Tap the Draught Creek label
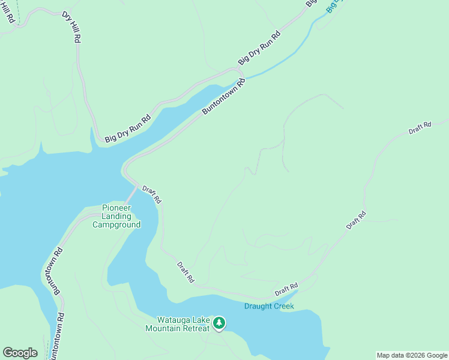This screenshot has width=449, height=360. (x=269, y=307)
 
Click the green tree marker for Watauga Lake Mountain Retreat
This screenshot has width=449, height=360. (x=219, y=323)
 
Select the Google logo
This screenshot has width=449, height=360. (x=20, y=353)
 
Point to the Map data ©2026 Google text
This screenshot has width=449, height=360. (x=412, y=355)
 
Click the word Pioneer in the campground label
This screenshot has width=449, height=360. (x=116, y=208)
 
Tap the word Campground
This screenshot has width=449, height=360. (x=116, y=225)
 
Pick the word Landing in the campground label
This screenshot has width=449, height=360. (x=116, y=216)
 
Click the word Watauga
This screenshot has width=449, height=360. (x=172, y=320)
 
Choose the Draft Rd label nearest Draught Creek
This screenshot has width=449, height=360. (x=286, y=289)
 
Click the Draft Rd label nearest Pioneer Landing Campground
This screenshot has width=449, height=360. (x=152, y=194)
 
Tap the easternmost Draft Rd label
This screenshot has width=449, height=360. (x=420, y=128)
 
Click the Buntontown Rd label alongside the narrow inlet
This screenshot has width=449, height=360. (x=224, y=96)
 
